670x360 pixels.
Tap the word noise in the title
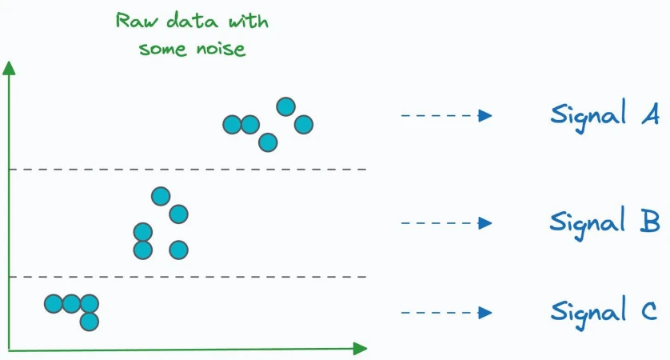(x=221, y=48)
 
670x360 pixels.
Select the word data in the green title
(x=192, y=21)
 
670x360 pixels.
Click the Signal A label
(x=604, y=115)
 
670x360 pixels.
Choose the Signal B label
(x=604, y=222)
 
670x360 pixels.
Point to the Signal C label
(x=604, y=313)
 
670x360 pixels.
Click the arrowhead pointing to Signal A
(x=485, y=115)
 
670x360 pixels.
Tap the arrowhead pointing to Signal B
(x=485, y=222)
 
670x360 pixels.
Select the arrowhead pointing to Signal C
(x=485, y=313)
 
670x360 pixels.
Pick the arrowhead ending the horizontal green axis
(x=361, y=349)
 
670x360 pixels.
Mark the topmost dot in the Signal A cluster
(x=286, y=106)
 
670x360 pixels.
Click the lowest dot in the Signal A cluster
(x=268, y=142)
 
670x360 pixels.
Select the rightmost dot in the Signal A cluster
(x=304, y=125)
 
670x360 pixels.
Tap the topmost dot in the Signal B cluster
(x=161, y=196)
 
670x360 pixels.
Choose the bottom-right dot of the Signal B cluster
(x=178, y=250)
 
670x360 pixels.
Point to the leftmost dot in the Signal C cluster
(x=54, y=304)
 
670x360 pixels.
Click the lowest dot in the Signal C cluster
(x=90, y=322)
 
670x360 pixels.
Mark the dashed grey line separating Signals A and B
(x=188, y=170)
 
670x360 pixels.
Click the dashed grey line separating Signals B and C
(x=188, y=277)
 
